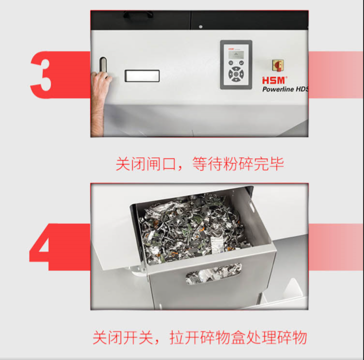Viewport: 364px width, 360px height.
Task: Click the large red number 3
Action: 41,75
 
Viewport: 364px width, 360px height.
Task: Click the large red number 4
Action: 42,246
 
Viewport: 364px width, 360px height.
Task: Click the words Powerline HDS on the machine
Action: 285,89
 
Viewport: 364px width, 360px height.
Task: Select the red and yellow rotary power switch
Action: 278,65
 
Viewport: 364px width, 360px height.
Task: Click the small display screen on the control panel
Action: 236,55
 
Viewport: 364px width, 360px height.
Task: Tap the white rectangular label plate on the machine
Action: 142,76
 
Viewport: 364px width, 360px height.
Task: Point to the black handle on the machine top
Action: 138,15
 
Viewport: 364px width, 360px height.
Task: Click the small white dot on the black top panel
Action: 200,27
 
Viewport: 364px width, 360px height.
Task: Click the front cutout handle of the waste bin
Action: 214,274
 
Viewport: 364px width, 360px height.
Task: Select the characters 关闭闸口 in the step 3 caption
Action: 146,164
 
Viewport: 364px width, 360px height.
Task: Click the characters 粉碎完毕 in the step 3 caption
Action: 253,164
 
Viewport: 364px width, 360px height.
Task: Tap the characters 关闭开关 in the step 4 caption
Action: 123,338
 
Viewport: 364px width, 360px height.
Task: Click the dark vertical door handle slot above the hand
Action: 103,65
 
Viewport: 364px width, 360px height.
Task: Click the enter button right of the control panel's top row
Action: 241,63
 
